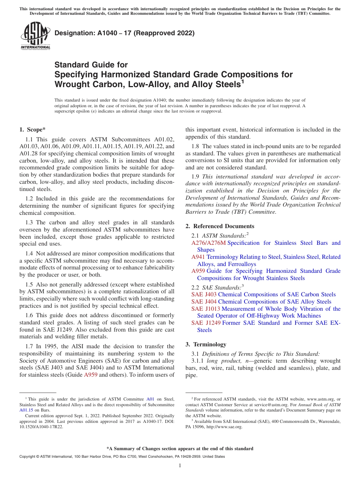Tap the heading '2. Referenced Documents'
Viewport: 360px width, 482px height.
coord(220,226)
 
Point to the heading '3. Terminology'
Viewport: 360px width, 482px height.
coord(206,344)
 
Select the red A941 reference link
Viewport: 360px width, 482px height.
coord(198,257)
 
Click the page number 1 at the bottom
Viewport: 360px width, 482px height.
coord(180,466)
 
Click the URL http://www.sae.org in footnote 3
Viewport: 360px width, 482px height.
coord(224,427)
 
